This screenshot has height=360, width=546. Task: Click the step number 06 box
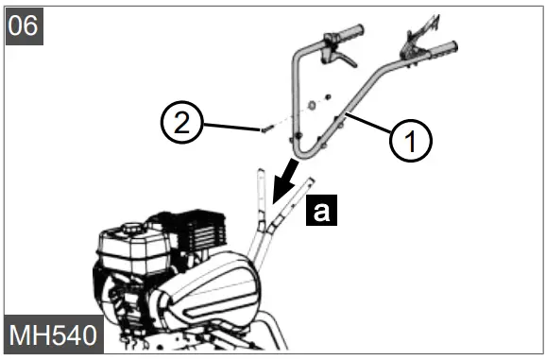coord(25,24)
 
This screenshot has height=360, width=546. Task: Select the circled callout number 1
coord(412,142)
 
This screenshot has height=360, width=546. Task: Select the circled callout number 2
coord(181,122)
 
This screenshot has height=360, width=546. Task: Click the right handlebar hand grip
coord(443,47)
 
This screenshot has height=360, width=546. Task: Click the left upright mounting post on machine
coord(257,203)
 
